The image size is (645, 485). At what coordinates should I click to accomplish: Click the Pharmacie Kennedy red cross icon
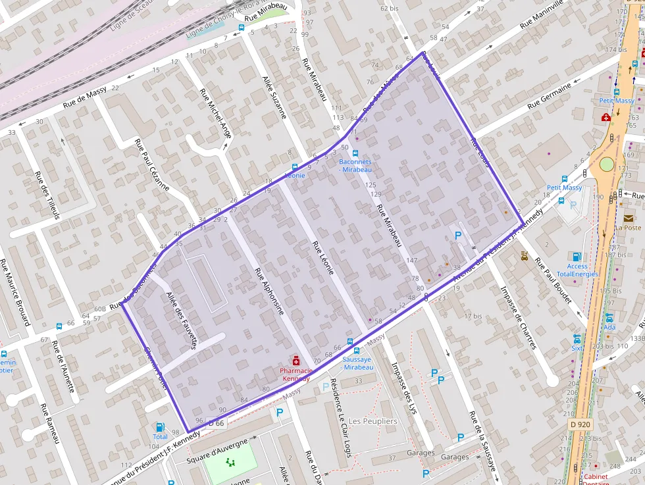coord(296,361)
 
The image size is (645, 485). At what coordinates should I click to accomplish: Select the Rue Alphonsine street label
coord(269,290)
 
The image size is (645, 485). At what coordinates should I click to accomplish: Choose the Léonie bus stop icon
coord(294,167)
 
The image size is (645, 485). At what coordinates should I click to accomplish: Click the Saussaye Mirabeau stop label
coord(357,363)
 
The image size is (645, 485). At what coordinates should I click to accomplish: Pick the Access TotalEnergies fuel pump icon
coord(577,257)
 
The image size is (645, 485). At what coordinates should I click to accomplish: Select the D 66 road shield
coord(217,423)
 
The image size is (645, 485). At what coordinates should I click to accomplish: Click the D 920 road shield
coord(580,425)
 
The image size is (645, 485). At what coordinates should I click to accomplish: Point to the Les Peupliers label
coord(373,421)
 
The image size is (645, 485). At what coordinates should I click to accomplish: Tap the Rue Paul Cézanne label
coord(152,165)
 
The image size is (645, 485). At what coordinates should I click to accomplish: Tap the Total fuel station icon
coord(160,428)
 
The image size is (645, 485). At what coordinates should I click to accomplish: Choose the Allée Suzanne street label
coord(274,96)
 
